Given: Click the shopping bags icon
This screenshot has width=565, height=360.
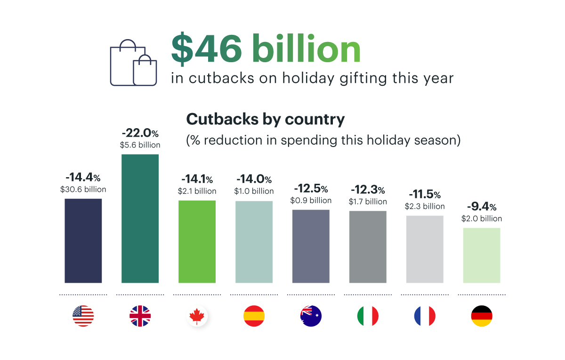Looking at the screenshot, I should [x=133, y=63].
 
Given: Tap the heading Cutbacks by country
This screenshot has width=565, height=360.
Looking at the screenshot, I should [x=266, y=119].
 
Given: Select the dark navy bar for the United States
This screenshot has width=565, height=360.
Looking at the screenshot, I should [x=83, y=240].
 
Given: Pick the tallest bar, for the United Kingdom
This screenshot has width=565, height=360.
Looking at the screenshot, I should [x=140, y=218].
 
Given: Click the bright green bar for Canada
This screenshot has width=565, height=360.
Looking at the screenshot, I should [x=197, y=241].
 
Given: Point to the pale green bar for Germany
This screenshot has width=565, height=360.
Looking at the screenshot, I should [x=482, y=255].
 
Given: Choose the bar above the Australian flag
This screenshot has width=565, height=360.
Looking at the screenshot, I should [x=311, y=246].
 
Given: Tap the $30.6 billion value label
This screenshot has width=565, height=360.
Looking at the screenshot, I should [x=83, y=189].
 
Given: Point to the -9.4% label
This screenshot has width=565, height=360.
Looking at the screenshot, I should [x=482, y=207].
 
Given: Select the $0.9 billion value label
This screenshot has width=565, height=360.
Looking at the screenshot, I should [x=311, y=200].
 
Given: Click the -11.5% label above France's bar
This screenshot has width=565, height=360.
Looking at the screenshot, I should [x=424, y=195].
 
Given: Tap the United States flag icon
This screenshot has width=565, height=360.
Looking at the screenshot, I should [x=83, y=316].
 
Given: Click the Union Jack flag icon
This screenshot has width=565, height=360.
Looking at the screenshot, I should [x=140, y=316].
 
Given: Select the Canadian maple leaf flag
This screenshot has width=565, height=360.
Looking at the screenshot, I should [x=197, y=316].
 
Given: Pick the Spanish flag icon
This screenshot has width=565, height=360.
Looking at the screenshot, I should [x=254, y=316].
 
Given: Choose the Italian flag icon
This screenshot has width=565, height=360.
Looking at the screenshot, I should [x=368, y=316].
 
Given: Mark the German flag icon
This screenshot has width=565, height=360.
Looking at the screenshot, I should [x=482, y=316].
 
